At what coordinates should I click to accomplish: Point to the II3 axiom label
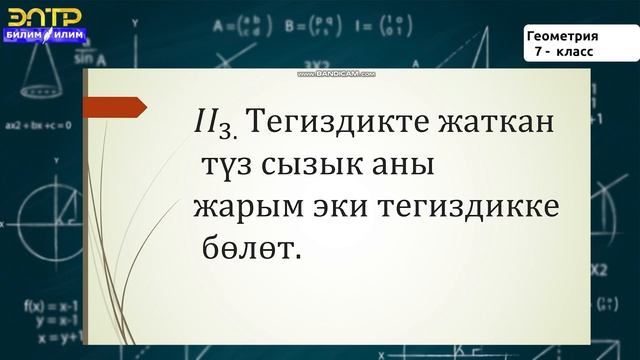(x=215, y=125)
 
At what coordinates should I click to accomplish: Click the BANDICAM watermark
(x=331, y=73)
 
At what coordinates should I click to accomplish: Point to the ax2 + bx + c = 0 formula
(x=37, y=127)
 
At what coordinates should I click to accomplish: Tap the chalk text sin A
(x=70, y=60)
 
